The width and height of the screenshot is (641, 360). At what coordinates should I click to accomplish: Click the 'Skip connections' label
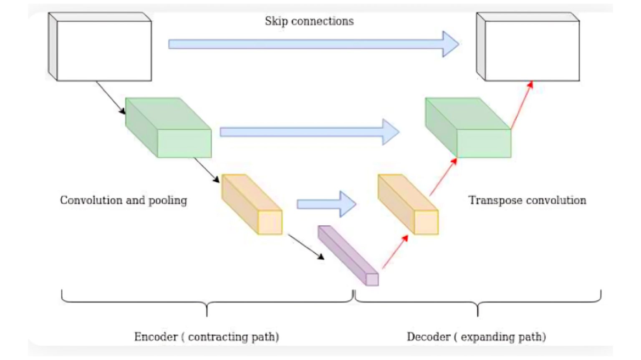[309, 21]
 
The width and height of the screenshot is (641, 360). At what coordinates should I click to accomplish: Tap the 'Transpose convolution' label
[527, 200]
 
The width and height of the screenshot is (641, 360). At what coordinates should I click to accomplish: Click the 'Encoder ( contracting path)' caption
[207, 337]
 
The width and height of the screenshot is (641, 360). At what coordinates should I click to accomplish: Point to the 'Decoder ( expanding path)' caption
[476, 337]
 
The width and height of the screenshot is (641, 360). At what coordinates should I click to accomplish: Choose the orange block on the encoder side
[252, 204]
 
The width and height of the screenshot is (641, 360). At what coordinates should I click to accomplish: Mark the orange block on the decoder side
[408, 204]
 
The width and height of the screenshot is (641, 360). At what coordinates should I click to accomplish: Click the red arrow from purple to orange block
[395, 252]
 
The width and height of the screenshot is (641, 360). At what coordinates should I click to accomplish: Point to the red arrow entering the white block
[522, 105]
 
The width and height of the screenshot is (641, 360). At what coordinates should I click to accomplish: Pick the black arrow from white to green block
[111, 97]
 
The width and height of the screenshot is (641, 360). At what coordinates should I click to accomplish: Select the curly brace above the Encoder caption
[207, 302]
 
